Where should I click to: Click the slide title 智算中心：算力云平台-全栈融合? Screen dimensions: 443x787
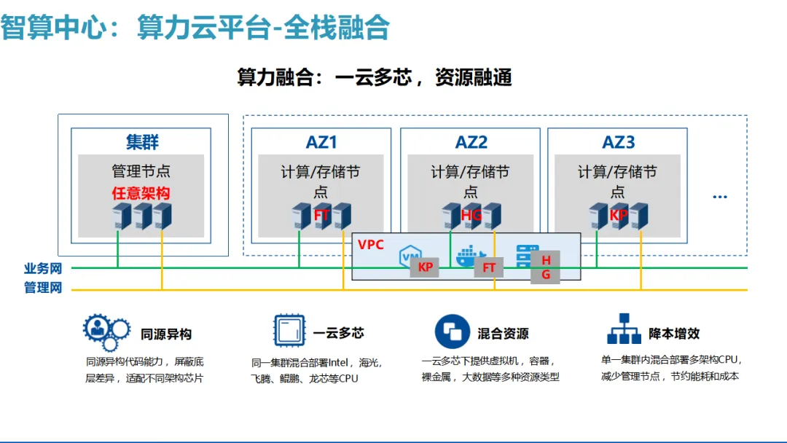point(195,28)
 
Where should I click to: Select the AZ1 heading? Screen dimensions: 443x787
point(321,142)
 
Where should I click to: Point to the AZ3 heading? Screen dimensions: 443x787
point(619,142)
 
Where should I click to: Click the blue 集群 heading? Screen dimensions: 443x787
point(142,142)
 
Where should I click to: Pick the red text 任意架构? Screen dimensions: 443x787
point(141,193)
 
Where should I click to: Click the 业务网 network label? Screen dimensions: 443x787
point(43,269)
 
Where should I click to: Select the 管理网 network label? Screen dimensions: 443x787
point(43,289)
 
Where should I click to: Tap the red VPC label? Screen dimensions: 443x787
point(371,244)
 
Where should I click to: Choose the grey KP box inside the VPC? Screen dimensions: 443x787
point(426,267)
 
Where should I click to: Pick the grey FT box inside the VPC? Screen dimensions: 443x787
point(489,267)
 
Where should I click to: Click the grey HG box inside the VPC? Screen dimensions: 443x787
point(546,267)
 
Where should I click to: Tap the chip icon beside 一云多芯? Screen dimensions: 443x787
point(289,332)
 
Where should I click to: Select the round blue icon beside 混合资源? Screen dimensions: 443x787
point(453,332)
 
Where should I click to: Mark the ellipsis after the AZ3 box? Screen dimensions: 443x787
point(720,197)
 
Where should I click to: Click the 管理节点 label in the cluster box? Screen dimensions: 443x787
point(141,171)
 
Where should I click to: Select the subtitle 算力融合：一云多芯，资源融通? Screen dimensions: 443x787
point(375,77)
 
